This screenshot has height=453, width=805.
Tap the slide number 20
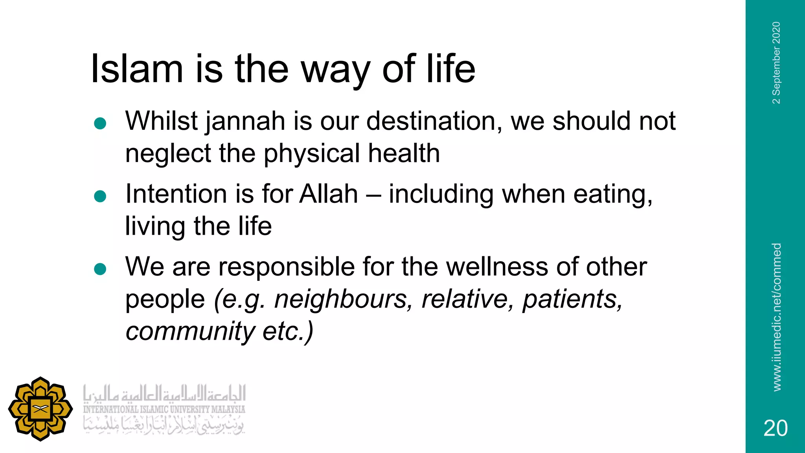775,428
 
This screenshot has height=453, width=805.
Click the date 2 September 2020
776,63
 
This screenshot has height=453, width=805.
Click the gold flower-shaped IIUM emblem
40,409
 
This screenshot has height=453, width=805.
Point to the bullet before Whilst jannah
100,123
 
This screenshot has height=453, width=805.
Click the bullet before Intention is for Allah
100,196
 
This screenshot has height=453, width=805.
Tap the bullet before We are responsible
100,269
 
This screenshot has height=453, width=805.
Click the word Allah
329,194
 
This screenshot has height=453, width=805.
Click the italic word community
190,331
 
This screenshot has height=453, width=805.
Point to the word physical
311,154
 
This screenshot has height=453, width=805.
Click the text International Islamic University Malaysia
164,409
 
